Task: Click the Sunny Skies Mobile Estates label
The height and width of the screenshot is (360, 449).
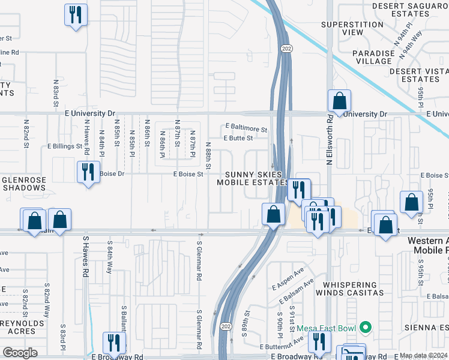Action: point(254,178)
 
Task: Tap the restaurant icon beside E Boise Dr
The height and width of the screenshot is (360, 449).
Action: point(88,172)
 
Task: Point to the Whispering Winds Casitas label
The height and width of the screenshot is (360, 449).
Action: point(353,289)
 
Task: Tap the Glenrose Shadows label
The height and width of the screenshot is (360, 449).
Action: point(24,184)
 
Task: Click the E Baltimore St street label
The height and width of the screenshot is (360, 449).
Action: point(246,128)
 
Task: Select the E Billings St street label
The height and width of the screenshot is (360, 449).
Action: point(65,146)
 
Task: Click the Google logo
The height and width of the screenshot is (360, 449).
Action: point(20,353)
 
